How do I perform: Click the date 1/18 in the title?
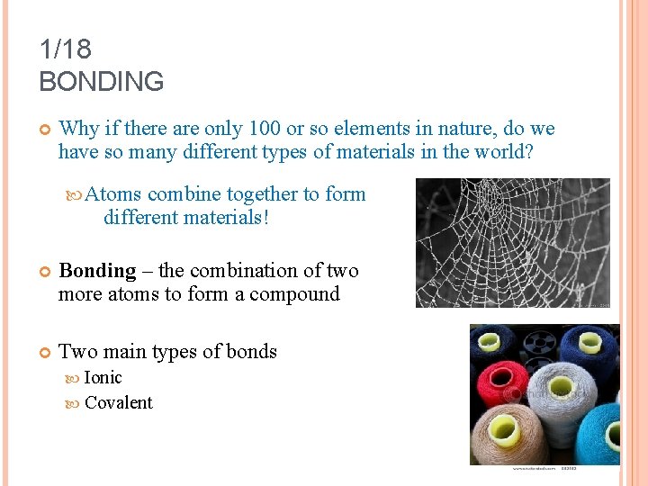(66, 49)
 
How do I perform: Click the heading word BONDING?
(102, 82)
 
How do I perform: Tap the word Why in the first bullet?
(79, 129)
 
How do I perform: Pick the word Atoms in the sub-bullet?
(113, 193)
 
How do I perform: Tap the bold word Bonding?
(97, 270)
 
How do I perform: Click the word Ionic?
(103, 377)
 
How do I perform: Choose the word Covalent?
(118, 402)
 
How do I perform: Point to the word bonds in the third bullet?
(253, 352)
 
